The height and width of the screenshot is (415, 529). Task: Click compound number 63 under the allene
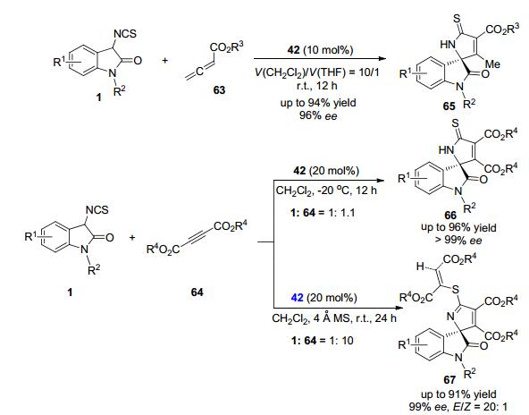point(219,90)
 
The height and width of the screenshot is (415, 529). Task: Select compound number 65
point(449,106)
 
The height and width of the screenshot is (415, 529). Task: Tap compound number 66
point(450,215)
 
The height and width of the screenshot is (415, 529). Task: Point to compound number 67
point(449,380)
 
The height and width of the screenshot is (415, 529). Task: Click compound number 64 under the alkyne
point(197,292)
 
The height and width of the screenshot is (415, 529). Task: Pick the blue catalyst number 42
point(297,298)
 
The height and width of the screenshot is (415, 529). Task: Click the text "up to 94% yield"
point(318,102)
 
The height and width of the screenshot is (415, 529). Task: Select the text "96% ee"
point(318,115)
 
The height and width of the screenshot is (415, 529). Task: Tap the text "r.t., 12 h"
point(317,86)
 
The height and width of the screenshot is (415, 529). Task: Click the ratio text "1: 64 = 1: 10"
point(323,340)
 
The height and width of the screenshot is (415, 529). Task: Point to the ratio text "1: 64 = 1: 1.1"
point(323,212)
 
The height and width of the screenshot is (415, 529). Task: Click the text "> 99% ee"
point(458,240)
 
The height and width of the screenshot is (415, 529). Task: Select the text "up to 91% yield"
point(458,394)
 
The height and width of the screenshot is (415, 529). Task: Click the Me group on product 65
point(492,64)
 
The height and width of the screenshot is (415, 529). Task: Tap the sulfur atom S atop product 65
point(457,19)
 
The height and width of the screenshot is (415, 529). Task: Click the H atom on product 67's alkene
point(420,267)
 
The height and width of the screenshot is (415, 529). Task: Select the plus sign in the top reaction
point(165,61)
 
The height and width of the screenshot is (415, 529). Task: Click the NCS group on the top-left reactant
point(125,33)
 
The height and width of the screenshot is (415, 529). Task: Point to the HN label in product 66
point(447,150)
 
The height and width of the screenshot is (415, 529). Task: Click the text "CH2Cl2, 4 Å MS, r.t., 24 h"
point(334,318)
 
